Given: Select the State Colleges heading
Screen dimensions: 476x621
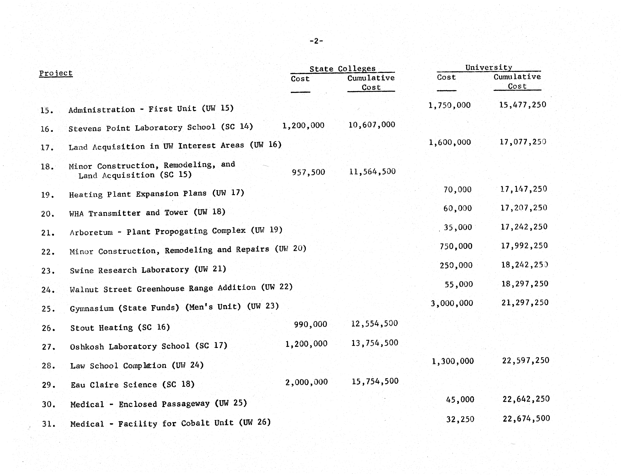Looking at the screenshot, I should (x=342, y=69).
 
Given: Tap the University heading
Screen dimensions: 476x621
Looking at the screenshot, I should (x=489, y=67).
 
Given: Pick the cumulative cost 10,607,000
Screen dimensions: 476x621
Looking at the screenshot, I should (x=372, y=125).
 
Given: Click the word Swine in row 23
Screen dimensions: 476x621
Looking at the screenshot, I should (x=82, y=271).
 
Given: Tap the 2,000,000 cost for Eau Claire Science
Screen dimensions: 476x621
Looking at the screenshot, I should (x=306, y=382).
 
